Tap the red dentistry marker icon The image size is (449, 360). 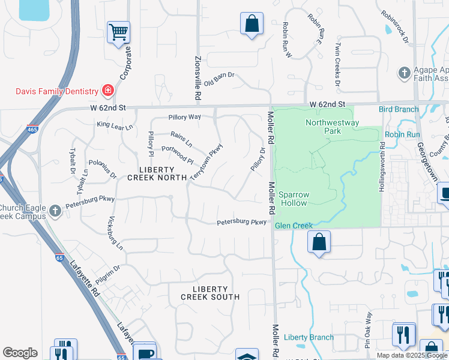[108, 91]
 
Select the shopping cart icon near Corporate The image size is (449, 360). [118, 32]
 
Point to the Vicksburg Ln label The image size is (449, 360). [116, 233]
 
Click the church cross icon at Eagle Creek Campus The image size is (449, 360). [55, 211]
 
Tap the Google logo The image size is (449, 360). [20, 353]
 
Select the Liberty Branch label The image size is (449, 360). [308, 337]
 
